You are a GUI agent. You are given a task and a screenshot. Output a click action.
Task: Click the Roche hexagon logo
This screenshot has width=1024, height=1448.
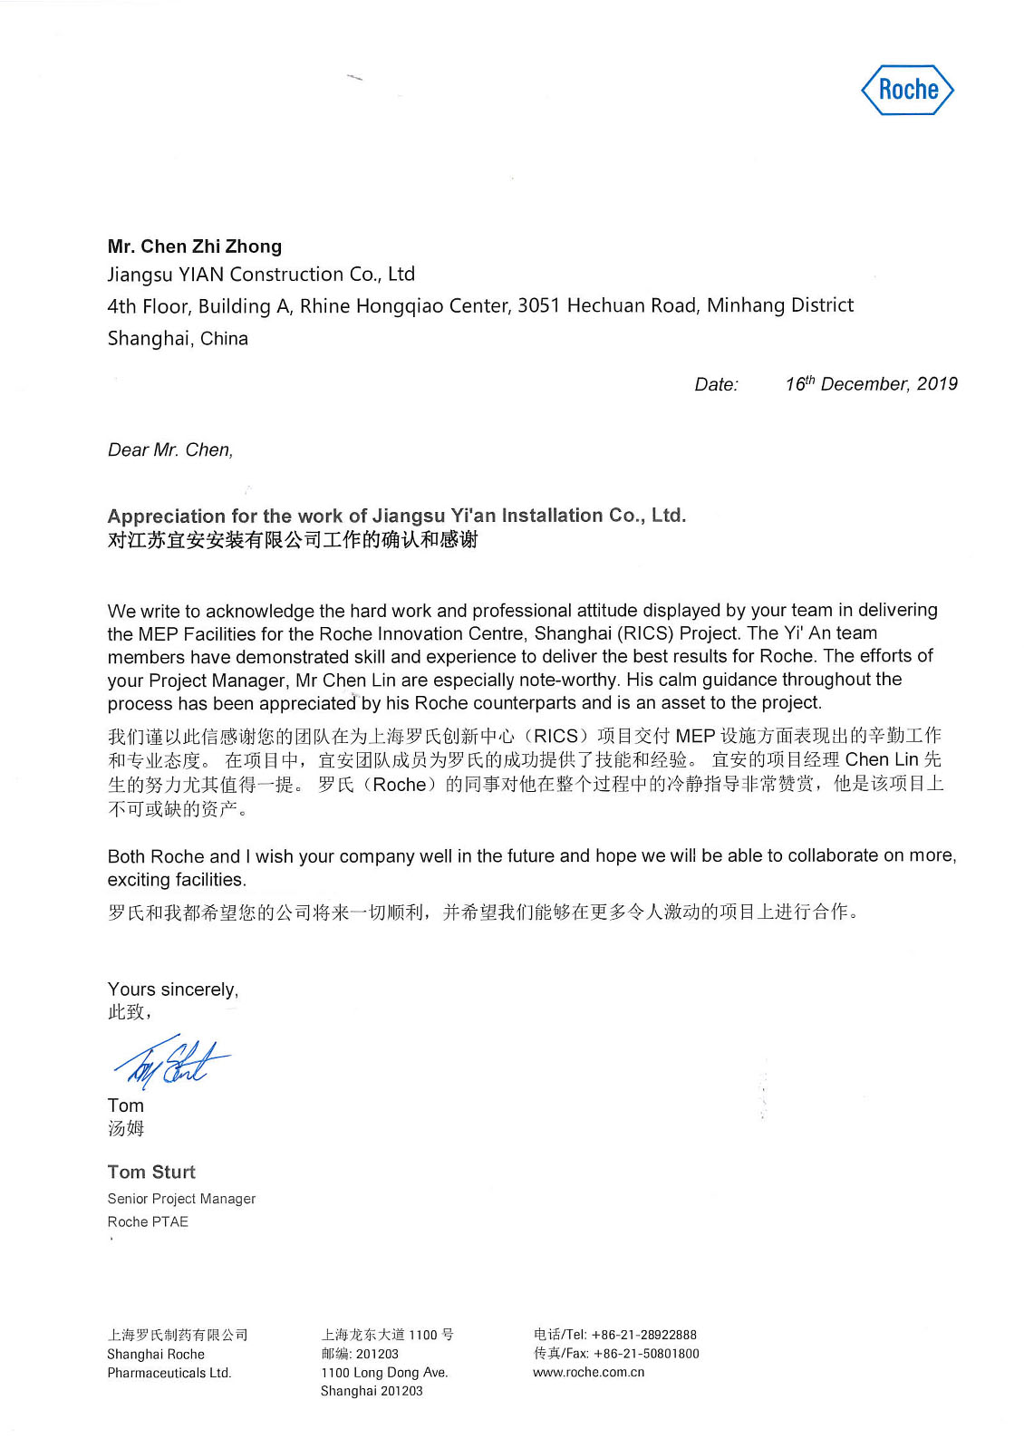[907, 90]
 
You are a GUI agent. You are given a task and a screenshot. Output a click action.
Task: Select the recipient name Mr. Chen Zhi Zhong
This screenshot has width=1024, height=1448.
[195, 246]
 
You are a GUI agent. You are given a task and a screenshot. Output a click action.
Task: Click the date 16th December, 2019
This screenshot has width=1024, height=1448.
[871, 384]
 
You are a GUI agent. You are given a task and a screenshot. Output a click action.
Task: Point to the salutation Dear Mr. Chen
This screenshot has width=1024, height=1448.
[170, 450]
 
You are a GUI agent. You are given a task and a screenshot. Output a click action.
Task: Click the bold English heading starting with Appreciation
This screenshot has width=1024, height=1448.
[396, 516]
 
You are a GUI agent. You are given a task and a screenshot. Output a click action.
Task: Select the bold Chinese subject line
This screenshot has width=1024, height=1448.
[292, 540]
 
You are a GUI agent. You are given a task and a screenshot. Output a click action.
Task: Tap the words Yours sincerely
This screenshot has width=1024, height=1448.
[173, 989]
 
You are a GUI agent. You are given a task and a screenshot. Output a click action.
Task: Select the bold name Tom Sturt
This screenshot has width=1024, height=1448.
[151, 1173]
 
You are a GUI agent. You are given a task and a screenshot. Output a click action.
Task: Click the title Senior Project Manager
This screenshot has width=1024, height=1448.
[181, 1199]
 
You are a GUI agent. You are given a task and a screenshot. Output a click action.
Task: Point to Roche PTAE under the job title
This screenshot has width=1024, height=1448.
[148, 1222]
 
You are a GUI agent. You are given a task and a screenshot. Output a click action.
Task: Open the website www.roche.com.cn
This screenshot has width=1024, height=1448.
[589, 1372]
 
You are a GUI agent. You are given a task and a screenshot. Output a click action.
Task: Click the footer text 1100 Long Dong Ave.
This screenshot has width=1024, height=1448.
[384, 1373]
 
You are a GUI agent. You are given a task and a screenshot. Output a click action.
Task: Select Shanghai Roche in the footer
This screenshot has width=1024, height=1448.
[156, 1355]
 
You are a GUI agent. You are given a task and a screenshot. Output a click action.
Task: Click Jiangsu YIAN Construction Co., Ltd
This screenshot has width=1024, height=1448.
[261, 275]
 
